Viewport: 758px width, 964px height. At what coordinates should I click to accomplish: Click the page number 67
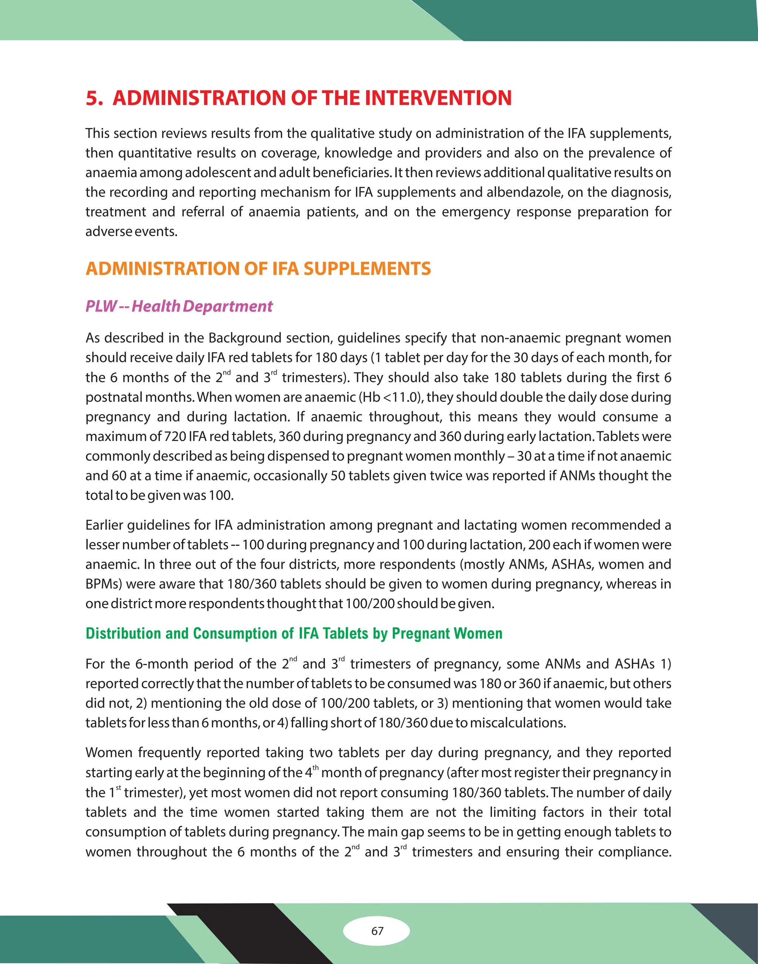tap(377, 931)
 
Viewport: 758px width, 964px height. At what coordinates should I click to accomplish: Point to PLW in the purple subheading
tap(101, 306)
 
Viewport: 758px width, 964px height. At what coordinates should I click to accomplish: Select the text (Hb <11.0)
tap(391, 397)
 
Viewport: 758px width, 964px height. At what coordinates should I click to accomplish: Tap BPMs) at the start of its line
tap(103, 584)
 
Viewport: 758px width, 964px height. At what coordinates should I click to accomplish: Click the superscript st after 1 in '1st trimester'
tap(118, 788)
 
